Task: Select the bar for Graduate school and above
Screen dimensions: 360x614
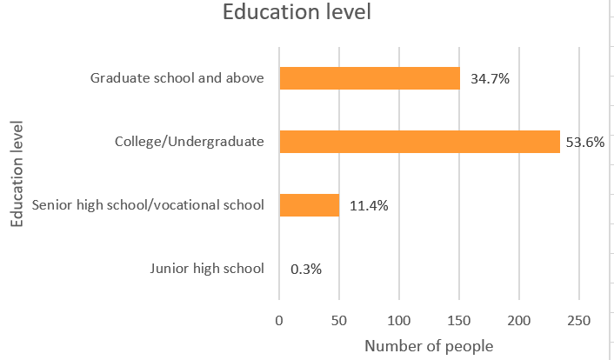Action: [x=370, y=78]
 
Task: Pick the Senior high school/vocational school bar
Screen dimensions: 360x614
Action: [x=309, y=205]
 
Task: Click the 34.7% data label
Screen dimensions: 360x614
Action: [x=490, y=79]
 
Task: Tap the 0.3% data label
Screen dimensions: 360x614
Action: [x=305, y=269]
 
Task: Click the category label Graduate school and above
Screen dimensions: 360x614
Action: [x=177, y=78]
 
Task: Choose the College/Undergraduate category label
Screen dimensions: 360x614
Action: [x=190, y=141]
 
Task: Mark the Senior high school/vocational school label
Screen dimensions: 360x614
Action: [x=147, y=205]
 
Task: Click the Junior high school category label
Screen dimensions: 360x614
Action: [x=206, y=268]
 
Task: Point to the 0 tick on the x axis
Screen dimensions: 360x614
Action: [x=279, y=320]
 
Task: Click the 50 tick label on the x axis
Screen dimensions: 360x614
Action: [x=339, y=320]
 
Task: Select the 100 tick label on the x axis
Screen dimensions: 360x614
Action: [x=399, y=320]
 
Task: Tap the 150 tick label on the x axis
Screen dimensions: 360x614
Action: [x=459, y=320]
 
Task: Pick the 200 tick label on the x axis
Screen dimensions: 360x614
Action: [x=519, y=320]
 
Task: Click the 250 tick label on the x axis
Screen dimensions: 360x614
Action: [x=579, y=320]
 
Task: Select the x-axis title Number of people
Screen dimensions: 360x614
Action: [x=429, y=346]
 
